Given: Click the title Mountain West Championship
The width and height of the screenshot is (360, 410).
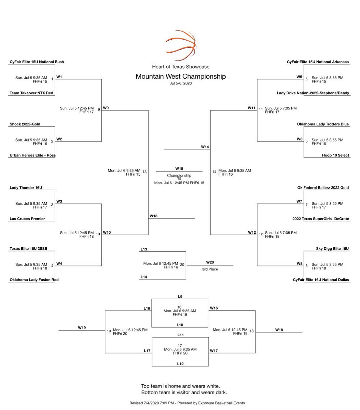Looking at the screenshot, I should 181,76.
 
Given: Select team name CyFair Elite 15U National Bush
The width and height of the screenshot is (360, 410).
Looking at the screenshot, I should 37,62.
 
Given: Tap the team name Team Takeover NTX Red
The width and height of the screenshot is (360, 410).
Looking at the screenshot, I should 31,93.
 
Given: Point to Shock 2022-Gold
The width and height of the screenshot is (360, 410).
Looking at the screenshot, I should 25,124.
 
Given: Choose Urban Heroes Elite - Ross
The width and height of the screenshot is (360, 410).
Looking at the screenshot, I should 32,155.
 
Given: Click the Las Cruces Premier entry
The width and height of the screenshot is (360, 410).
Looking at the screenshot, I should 27,219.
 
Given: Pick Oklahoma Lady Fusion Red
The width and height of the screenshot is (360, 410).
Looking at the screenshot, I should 34,279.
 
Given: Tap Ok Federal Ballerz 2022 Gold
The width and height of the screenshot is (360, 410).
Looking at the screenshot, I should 323,188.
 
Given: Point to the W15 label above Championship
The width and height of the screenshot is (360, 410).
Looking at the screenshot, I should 179,168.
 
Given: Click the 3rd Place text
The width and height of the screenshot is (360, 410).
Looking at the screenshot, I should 210,269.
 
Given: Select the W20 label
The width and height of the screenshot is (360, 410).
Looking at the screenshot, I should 210,262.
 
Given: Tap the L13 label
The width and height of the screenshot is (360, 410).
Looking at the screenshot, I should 144,249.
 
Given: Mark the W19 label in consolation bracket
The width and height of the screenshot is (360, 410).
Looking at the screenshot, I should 82,328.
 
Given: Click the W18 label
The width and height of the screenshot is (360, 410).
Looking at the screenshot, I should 279,330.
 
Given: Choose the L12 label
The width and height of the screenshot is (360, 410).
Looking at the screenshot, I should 180,364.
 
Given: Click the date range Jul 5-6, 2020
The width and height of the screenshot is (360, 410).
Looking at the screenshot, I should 181,83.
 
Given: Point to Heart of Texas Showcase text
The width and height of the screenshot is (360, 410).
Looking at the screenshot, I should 181,67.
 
